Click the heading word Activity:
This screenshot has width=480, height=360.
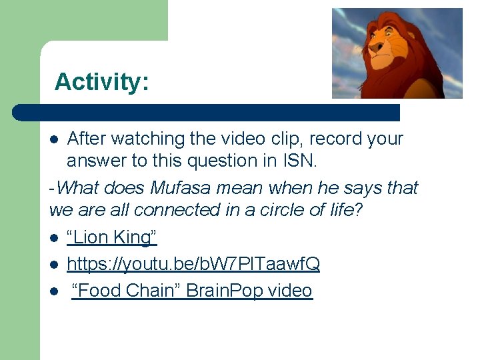[x=102, y=81]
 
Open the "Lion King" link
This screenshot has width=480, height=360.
[x=112, y=237]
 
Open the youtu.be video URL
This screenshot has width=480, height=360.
[x=193, y=264]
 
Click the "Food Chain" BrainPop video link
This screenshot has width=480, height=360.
[x=192, y=291]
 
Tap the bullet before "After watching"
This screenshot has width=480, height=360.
[x=55, y=139]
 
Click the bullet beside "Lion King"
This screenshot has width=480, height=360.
[x=55, y=238]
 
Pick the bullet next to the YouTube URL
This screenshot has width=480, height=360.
[x=55, y=265]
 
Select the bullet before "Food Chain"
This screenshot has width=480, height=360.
[x=55, y=291]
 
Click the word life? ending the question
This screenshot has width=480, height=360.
[x=345, y=210]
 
